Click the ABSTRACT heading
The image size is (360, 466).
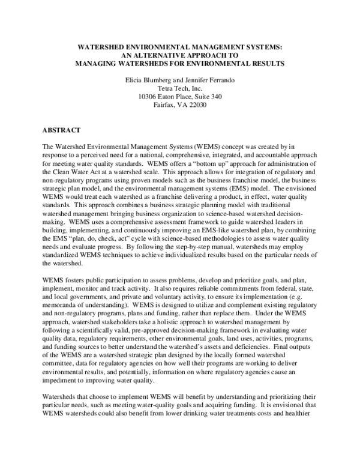pyautogui.click(x=62, y=129)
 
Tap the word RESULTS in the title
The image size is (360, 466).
pyautogui.click(x=265, y=62)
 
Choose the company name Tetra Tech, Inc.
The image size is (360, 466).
pyautogui.click(x=179, y=87)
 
